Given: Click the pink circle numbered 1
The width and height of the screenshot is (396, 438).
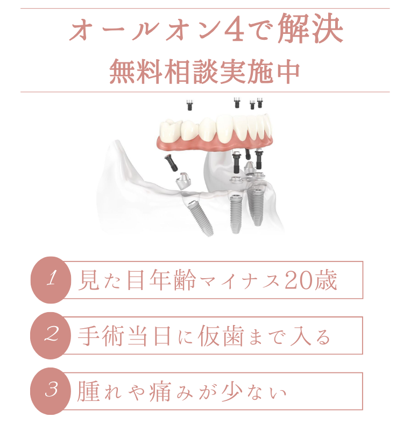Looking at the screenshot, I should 51,280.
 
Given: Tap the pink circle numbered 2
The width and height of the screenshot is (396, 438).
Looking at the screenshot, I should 51,335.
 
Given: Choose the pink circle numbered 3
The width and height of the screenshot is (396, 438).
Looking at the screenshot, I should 51,391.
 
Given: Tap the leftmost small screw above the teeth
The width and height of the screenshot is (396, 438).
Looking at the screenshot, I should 189,105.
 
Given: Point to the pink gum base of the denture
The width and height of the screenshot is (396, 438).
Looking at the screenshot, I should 215,144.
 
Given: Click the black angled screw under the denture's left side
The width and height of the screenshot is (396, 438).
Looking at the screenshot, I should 171,161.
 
